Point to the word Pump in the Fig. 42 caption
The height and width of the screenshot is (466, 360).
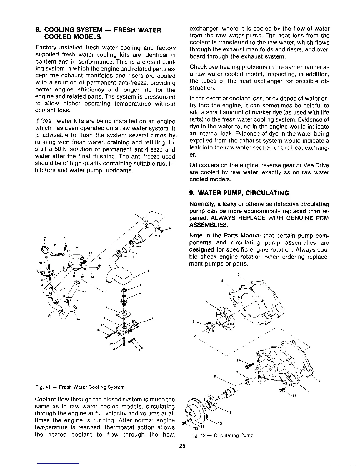click(247, 435)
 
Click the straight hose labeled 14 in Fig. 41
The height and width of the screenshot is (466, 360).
click(72, 285)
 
